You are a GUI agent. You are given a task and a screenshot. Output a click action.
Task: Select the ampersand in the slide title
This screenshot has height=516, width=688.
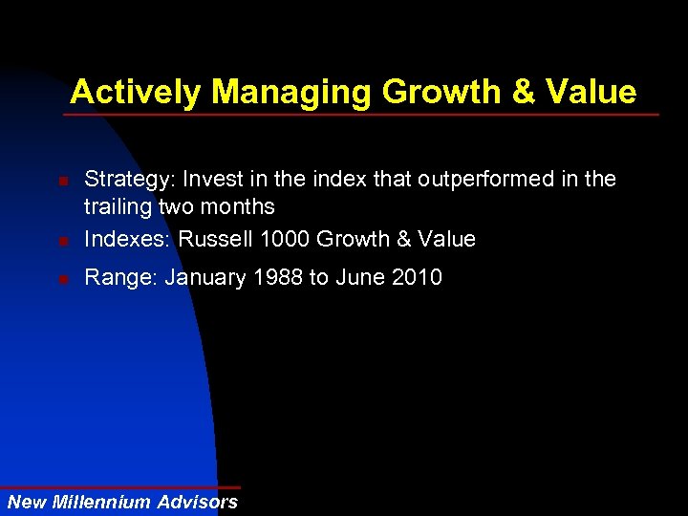(525, 93)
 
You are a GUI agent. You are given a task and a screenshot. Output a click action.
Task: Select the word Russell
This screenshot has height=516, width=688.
(211, 239)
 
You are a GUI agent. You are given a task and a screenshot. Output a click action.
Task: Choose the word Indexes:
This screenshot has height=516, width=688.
(126, 239)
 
